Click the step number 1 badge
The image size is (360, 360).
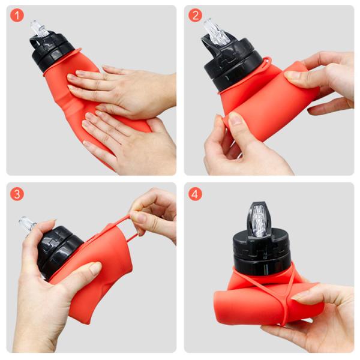[x=17, y=16]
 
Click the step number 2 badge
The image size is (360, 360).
[x=195, y=16]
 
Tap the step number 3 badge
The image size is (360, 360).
[x=17, y=194]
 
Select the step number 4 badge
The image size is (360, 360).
[x=195, y=194]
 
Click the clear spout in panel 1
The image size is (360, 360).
[x=40, y=28]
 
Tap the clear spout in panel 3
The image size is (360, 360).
[x=28, y=225]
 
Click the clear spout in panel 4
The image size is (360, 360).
[x=259, y=220]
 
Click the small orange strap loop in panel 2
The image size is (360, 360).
[x=268, y=62]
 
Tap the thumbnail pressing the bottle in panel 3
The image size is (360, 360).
[x=95, y=268]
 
